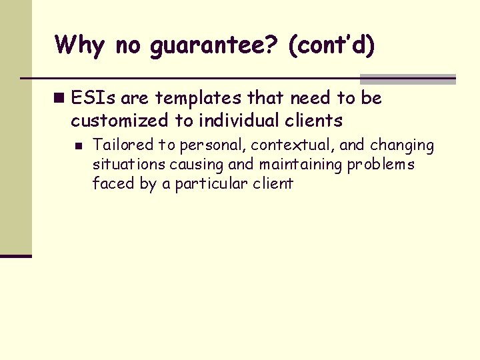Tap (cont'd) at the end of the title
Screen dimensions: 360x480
tap(331, 46)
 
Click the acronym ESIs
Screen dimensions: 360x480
tap(93, 98)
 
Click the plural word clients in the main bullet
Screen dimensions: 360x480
tap(311, 121)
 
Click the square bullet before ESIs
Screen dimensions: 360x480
tap(60, 99)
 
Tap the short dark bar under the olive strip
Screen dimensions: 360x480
tap(16, 255)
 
